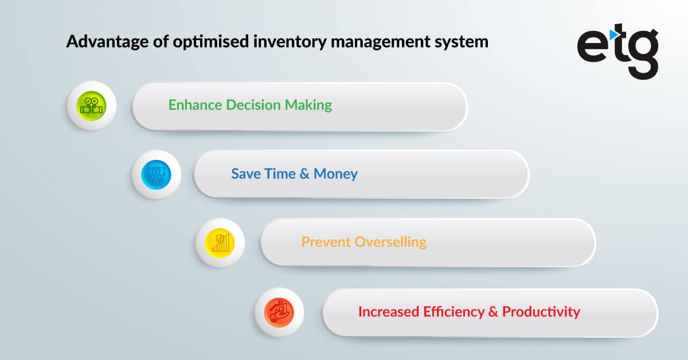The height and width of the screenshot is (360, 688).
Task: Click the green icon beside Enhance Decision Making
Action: coord(92,106)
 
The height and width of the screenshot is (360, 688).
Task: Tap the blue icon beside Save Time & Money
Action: coord(156,174)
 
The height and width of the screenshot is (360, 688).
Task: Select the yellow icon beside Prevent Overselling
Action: coord(220,242)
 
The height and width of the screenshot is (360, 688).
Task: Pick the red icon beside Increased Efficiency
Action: coord(279,312)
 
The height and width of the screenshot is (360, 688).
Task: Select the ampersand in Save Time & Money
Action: coord(304,174)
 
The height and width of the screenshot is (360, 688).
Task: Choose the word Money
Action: coord(335,174)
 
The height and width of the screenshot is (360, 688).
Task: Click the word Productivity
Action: coord(541,312)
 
